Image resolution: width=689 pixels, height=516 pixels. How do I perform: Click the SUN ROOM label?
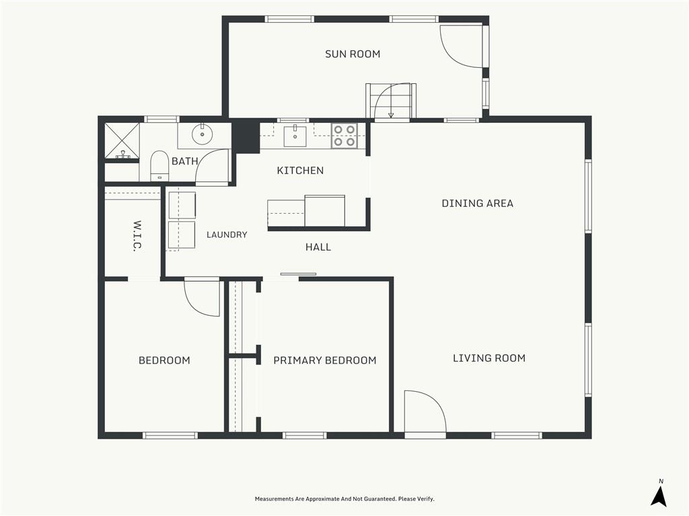tap(353, 54)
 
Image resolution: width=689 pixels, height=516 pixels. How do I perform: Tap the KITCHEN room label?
tap(300, 170)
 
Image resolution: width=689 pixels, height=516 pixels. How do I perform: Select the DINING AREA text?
tap(477, 203)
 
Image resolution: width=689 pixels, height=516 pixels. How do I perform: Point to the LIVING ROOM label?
tap(489, 358)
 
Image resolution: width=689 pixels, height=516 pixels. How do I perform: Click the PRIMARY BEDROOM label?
tap(325, 360)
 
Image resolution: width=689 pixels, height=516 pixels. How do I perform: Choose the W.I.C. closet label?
tap(137, 236)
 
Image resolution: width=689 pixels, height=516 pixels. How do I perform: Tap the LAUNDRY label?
tap(227, 234)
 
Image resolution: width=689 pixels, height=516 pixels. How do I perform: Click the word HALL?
tap(318, 247)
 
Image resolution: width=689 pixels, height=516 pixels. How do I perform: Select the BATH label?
tap(184, 161)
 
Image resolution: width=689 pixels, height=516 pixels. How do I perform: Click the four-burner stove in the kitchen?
tap(344, 136)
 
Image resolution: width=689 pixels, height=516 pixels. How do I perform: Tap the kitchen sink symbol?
tap(295, 136)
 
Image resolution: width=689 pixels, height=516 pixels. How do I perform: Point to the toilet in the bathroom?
tap(159, 166)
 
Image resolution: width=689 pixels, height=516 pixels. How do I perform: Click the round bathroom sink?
tap(202, 133)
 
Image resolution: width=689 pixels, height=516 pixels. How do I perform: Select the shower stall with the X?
tap(122, 140)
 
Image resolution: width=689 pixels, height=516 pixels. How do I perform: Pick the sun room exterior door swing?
tap(462, 46)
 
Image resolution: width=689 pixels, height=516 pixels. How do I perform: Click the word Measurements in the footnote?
tap(273, 499)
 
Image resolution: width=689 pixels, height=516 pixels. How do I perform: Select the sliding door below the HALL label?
tap(298, 274)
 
